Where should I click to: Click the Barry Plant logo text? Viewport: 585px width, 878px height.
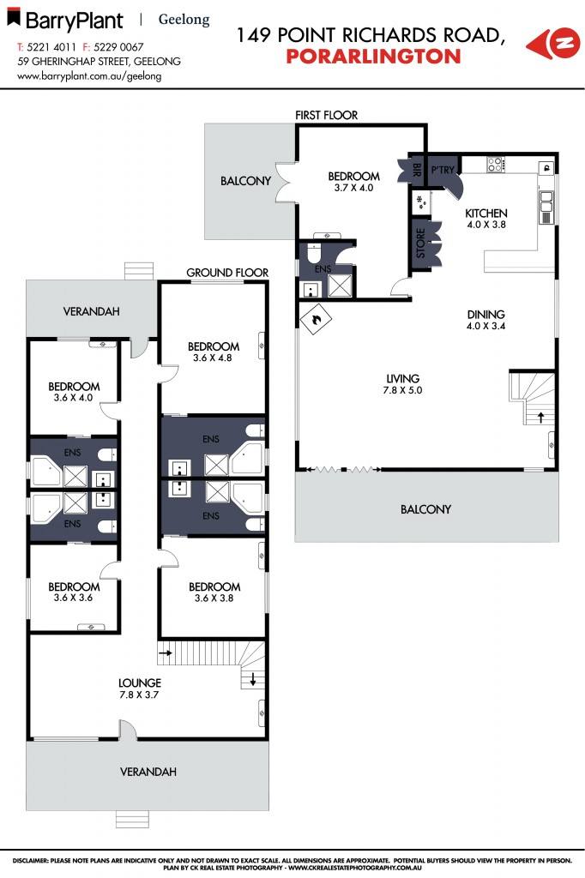click(x=73, y=20)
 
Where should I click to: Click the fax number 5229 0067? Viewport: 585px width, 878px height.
click(x=119, y=47)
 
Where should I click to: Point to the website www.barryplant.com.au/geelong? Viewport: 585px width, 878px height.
click(x=89, y=75)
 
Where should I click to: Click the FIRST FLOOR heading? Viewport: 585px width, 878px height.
click(x=326, y=115)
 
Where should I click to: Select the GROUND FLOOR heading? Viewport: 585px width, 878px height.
click(x=227, y=273)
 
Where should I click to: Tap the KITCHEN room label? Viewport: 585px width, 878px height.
click(x=486, y=213)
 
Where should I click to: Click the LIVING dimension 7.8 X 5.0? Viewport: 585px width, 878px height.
click(x=402, y=390)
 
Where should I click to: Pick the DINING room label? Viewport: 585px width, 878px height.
click(x=485, y=314)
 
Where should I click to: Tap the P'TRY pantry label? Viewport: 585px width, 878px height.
click(x=442, y=170)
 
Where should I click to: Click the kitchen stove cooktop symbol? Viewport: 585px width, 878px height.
click(x=495, y=164)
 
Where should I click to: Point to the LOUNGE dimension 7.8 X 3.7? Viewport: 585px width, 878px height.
click(x=140, y=695)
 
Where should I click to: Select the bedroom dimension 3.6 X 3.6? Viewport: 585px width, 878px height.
click(x=73, y=598)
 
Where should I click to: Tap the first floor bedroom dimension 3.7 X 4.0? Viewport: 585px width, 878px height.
click(x=353, y=188)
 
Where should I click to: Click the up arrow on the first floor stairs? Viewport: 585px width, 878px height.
click(x=540, y=417)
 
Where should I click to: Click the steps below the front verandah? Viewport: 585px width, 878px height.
click(x=139, y=817)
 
